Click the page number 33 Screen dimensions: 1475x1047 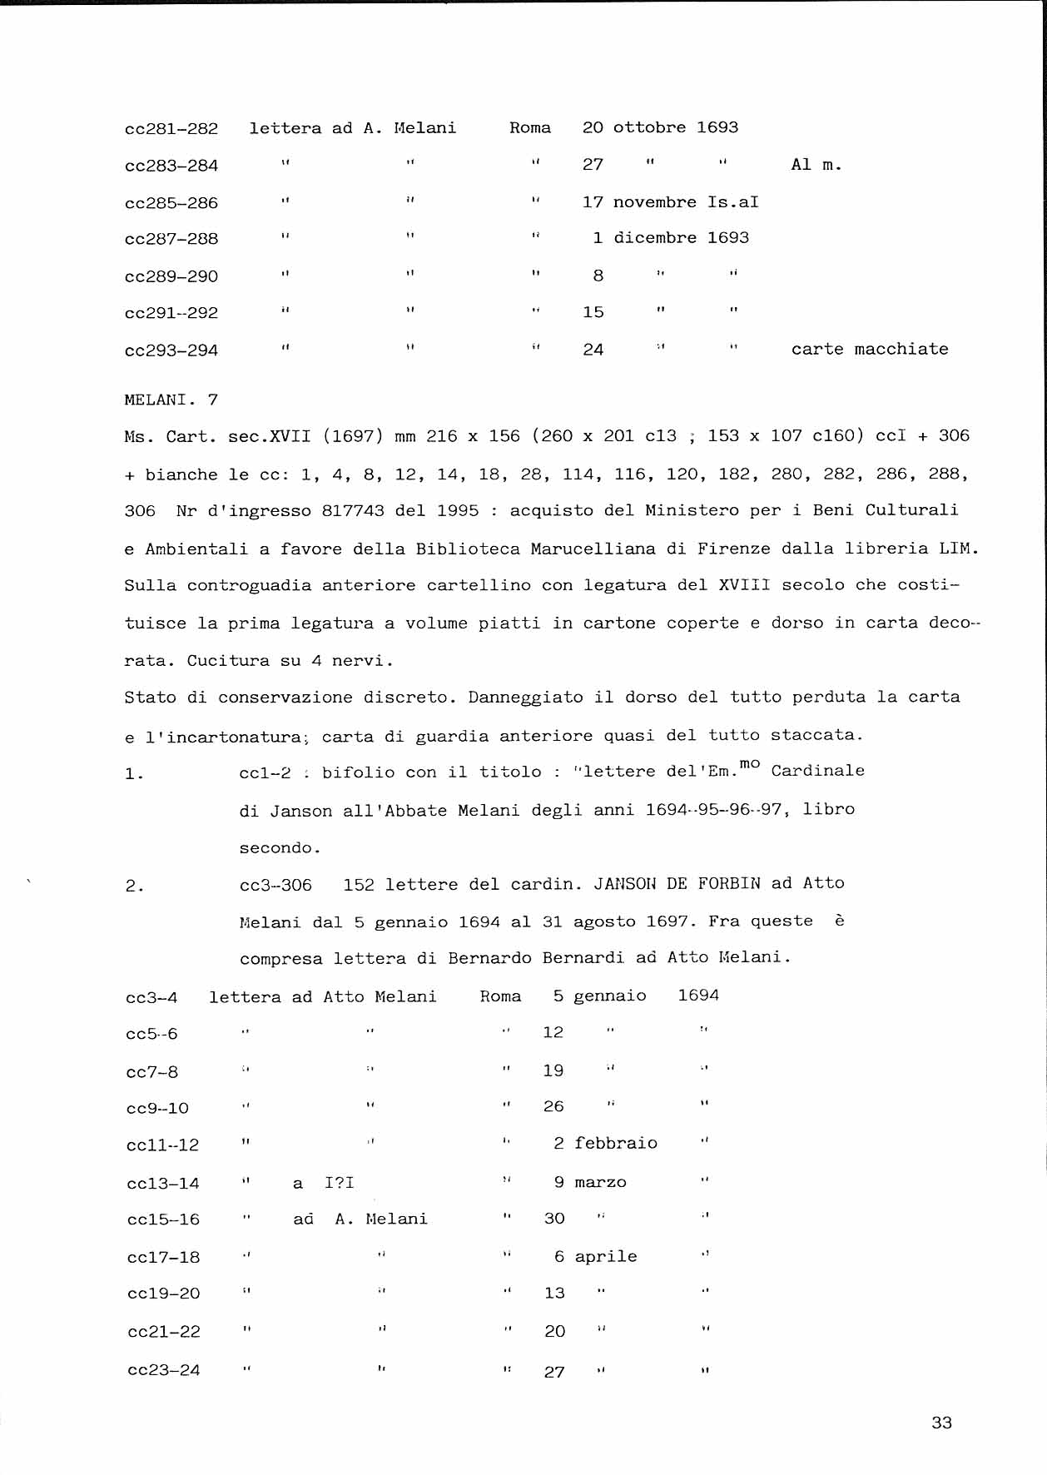click(941, 1423)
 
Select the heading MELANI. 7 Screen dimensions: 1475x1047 click(171, 400)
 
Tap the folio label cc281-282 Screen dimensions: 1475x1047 click(171, 129)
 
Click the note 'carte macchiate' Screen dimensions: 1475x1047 click(870, 349)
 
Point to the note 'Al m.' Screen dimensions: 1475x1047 click(816, 165)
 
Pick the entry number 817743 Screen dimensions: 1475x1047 click(353, 510)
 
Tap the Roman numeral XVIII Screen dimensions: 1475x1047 click(745, 585)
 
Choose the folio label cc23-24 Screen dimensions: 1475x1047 click(164, 1370)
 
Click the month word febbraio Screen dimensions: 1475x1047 click(615, 1143)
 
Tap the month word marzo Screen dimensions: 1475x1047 click(600, 1182)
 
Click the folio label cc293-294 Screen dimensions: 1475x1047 click(171, 350)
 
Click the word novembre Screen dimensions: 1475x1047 click(654, 202)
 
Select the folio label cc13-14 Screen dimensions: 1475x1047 click(163, 1183)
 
